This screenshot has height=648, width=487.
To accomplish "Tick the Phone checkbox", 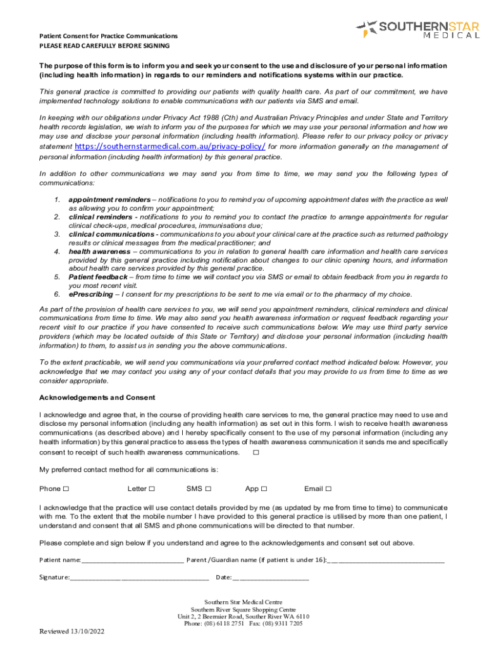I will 66,489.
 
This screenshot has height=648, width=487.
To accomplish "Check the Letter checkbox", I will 152,489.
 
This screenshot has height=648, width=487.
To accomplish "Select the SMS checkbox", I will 208,489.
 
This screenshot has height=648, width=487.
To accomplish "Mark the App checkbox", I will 264,489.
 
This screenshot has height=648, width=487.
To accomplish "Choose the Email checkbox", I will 328,489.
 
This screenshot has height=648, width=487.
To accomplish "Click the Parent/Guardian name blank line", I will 386,560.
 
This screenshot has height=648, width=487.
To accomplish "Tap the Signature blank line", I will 139,577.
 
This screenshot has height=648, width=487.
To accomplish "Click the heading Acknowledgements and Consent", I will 97,397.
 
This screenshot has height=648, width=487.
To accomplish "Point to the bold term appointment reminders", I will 109,199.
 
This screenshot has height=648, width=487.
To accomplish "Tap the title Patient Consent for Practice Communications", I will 108,36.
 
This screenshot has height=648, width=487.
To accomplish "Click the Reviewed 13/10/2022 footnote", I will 72,632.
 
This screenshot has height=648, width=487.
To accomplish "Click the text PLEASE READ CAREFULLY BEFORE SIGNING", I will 104,46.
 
